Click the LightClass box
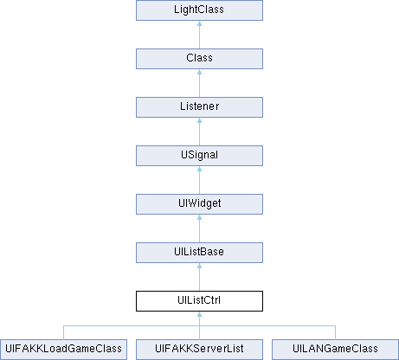199,10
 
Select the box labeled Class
199,59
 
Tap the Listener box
199,107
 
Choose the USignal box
199,156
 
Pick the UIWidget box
199,204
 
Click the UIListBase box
199,253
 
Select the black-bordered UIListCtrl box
199,301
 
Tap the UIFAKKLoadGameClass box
63,350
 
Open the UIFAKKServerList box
199,350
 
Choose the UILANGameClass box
335,350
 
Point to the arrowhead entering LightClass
199,23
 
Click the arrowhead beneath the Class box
199,72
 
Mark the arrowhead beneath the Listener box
199,120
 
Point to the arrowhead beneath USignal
199,169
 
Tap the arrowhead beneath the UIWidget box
199,217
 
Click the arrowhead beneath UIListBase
199,266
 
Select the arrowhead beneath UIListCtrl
199,314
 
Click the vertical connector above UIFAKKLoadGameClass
63,332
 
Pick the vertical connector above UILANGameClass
335,332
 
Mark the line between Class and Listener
199,83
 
